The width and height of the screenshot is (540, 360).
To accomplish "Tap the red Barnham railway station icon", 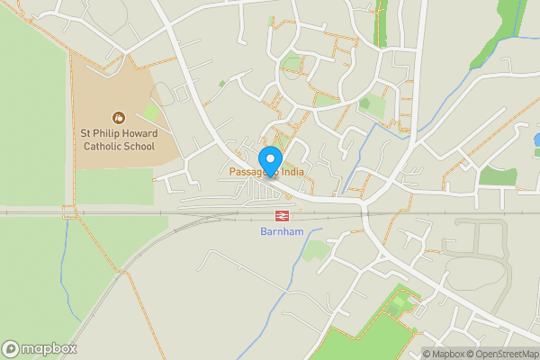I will click(x=282, y=215).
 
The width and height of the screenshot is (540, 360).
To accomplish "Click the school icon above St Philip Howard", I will click(x=117, y=117).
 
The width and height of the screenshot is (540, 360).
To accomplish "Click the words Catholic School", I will click(x=118, y=146).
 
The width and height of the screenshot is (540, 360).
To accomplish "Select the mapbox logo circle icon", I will click(x=11, y=348).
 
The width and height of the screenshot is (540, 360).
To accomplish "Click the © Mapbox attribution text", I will click(x=445, y=354).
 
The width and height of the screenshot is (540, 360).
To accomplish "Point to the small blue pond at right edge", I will click(x=536, y=140).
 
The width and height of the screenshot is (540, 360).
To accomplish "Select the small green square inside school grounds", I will click(x=152, y=112).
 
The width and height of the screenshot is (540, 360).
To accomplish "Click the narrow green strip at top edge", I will click(x=380, y=22).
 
